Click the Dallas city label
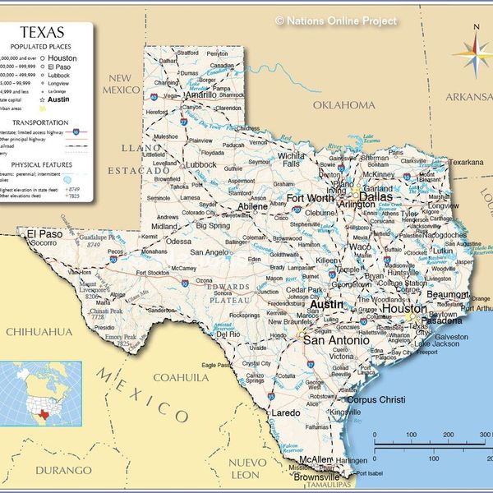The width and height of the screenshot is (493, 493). tap(376, 197)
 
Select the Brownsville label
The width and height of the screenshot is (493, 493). tap(316, 477)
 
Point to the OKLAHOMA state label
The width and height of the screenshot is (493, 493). tap(343, 105)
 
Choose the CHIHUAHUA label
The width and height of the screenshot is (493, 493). tap(39, 331)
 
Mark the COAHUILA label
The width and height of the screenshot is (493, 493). tap(182, 377)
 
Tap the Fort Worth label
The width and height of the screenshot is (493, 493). tap(310, 198)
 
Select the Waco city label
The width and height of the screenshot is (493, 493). tap(359, 246)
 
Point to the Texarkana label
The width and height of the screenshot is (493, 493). tap(465, 163)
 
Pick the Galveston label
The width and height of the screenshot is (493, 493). tap(450, 336)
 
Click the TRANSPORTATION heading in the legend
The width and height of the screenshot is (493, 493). tap(46, 122)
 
